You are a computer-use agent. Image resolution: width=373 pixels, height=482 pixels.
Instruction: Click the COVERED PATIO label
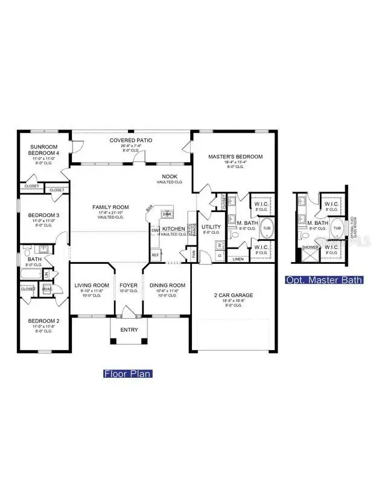click(x=130, y=140)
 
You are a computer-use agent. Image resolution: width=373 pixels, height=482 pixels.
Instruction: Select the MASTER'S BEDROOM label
click(x=235, y=157)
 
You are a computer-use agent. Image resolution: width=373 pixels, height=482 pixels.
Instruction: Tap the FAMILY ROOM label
click(x=110, y=207)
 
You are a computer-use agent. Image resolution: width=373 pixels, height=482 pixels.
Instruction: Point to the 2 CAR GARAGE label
click(x=234, y=295)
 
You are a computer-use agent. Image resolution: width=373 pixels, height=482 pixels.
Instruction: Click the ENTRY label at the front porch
click(x=129, y=330)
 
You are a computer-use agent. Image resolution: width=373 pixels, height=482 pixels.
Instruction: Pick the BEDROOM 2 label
click(x=43, y=321)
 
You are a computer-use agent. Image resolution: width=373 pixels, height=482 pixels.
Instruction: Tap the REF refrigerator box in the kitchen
click(x=155, y=255)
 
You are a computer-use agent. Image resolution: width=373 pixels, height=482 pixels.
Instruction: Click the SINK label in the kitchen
click(x=167, y=214)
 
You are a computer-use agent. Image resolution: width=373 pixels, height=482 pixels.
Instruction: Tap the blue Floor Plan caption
click(x=127, y=374)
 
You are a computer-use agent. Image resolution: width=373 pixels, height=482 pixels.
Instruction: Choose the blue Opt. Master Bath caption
click(x=324, y=280)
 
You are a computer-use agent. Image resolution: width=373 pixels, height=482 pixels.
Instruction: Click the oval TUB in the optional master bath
click(x=337, y=230)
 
